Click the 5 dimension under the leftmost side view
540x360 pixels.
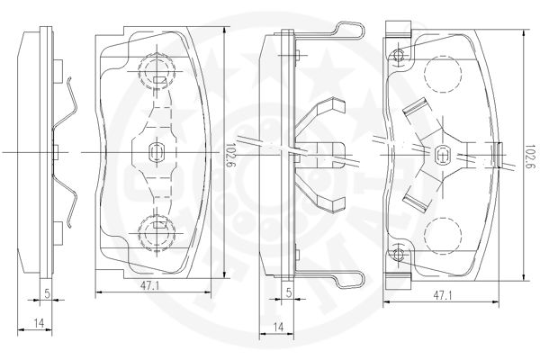pos(48,293)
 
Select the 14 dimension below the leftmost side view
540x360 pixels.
pos(39,323)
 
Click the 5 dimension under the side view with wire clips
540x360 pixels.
pos(289,292)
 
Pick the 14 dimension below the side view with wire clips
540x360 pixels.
pos(278,327)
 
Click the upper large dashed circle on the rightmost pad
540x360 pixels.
pos(443,72)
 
